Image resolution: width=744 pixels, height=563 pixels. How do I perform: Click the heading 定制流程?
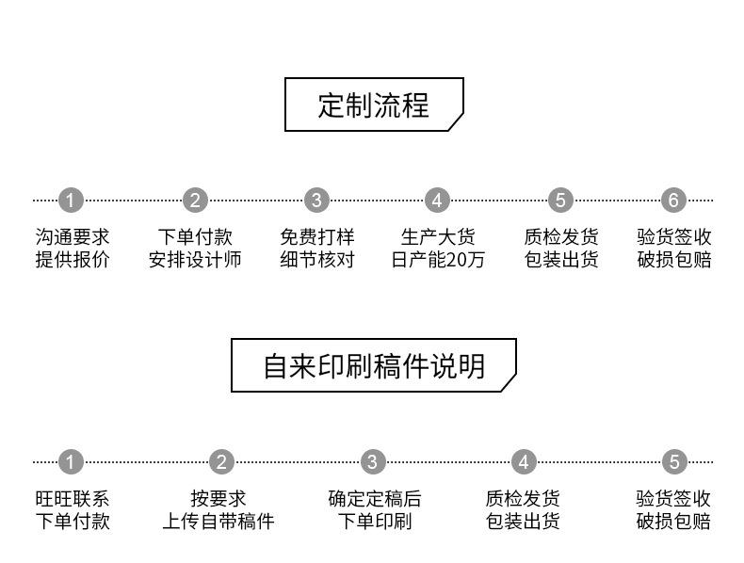point(374,105)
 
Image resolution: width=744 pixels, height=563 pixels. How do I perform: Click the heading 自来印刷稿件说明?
point(374,365)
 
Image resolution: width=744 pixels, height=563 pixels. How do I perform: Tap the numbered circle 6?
point(673,201)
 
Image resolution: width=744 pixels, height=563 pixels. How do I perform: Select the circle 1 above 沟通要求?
point(72,201)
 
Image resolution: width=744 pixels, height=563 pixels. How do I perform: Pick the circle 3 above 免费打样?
point(316,201)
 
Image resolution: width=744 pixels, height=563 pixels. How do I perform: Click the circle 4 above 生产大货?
point(437,201)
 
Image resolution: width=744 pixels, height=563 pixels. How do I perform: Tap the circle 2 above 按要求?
point(221,462)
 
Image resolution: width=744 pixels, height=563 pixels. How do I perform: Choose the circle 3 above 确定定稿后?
point(373,462)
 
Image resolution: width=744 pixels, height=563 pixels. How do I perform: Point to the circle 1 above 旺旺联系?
point(72,462)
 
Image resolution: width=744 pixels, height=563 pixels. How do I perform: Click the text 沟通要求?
point(73,237)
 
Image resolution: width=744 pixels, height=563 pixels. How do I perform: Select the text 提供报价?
point(73,260)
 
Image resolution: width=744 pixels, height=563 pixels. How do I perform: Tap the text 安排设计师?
point(195,260)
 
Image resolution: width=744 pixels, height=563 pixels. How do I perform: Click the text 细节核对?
point(316,260)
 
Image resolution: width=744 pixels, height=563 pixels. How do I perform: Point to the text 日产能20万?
point(438,260)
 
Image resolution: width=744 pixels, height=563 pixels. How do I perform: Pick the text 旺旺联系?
point(73,499)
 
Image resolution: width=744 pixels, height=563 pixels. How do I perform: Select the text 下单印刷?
point(374,522)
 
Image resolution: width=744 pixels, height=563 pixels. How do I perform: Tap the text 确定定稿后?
point(374,499)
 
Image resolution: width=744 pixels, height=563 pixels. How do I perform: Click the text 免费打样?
point(316,237)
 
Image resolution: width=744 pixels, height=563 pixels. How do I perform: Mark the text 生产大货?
point(438,237)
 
